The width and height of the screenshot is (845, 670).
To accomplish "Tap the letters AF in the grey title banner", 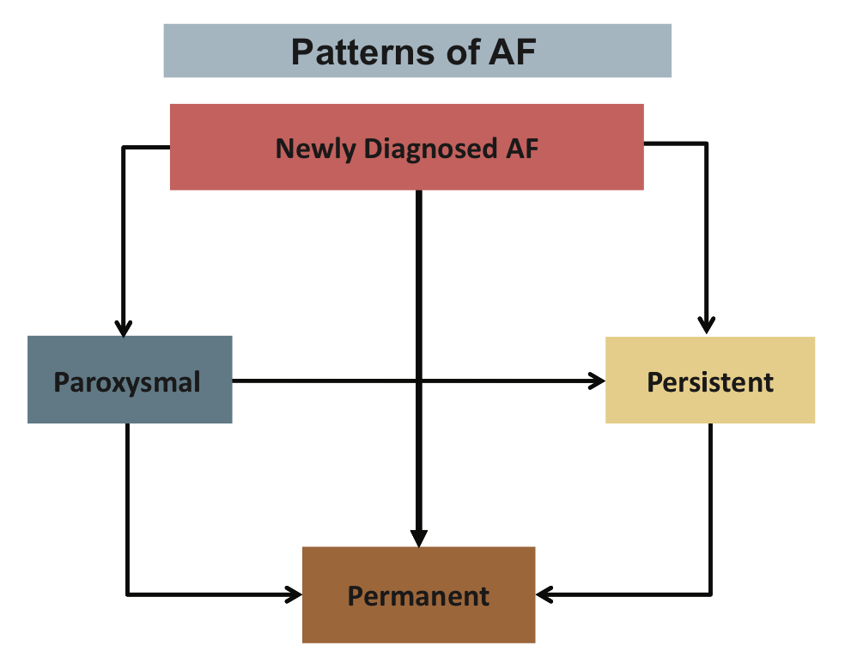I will tap(512, 52).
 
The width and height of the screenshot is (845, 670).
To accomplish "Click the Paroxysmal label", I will tap(127, 381).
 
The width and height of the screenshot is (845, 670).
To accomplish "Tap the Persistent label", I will tap(710, 381).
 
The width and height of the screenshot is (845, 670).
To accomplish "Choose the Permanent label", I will tap(418, 595).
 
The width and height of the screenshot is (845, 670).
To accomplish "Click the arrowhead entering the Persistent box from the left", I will tap(598, 381).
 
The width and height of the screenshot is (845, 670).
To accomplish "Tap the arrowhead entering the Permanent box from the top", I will tap(418, 539).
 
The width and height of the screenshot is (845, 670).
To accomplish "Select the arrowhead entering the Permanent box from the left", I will tap(295, 593).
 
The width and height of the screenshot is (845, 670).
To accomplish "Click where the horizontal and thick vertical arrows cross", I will tap(418, 381).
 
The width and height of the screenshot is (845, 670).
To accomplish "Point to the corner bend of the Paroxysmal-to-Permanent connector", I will tap(127, 593).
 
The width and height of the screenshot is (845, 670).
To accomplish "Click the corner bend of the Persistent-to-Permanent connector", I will tap(710, 593).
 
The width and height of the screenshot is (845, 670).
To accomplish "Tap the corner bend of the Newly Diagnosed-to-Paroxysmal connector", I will tap(125, 148).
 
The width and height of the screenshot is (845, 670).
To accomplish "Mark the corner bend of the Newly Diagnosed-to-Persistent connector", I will tap(707, 144).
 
